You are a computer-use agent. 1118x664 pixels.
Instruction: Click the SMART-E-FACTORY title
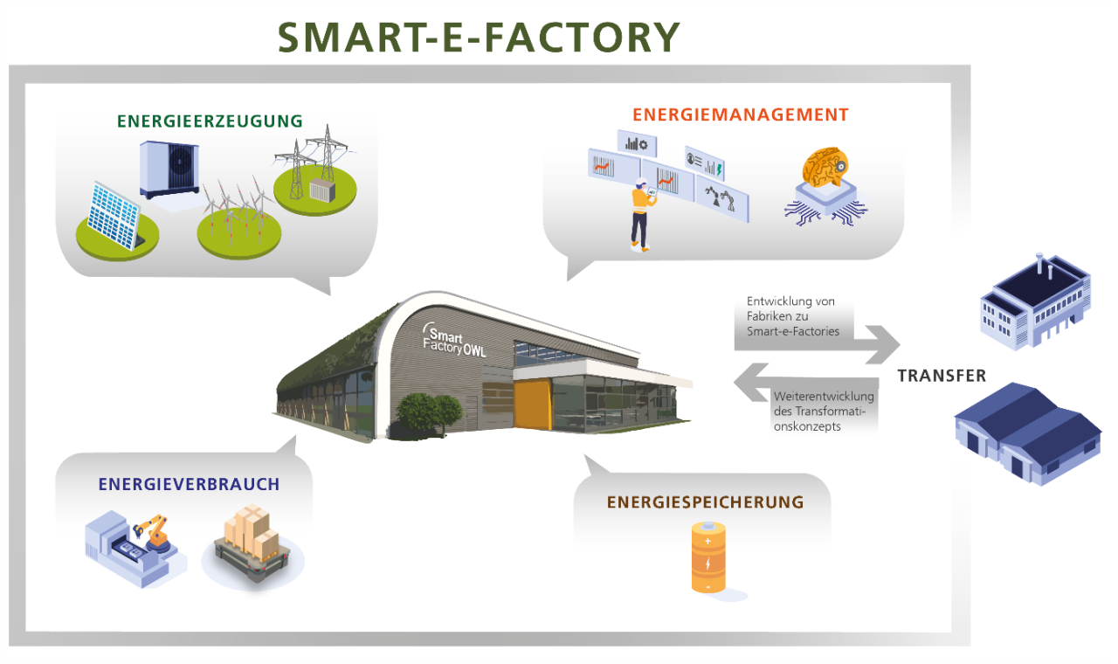(479, 38)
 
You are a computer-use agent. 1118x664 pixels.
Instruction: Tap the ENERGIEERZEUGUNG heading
(210, 121)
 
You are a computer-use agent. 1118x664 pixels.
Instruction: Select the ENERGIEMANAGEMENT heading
(741, 114)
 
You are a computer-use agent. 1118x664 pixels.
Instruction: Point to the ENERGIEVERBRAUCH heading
(189, 484)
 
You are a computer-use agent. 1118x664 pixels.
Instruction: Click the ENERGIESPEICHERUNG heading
(705, 502)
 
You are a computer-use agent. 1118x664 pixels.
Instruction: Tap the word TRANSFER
(942, 376)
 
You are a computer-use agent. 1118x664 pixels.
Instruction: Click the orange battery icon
(708, 557)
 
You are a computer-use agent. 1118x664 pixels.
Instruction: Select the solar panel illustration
(114, 215)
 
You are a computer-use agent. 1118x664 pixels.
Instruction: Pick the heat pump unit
(169, 169)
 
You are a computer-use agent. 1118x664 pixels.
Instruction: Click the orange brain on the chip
(825, 167)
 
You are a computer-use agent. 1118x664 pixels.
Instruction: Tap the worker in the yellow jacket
(641, 213)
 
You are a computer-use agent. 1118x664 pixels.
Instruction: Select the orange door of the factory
(533, 404)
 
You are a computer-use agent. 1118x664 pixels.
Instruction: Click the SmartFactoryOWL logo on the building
(453, 340)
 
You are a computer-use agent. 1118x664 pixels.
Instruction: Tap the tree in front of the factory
(429, 414)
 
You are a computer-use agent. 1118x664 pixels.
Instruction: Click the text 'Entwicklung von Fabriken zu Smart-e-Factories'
(793, 316)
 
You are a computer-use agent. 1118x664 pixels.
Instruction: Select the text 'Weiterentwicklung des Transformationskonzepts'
(824, 412)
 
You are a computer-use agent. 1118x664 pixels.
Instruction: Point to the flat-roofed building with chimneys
(1035, 302)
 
